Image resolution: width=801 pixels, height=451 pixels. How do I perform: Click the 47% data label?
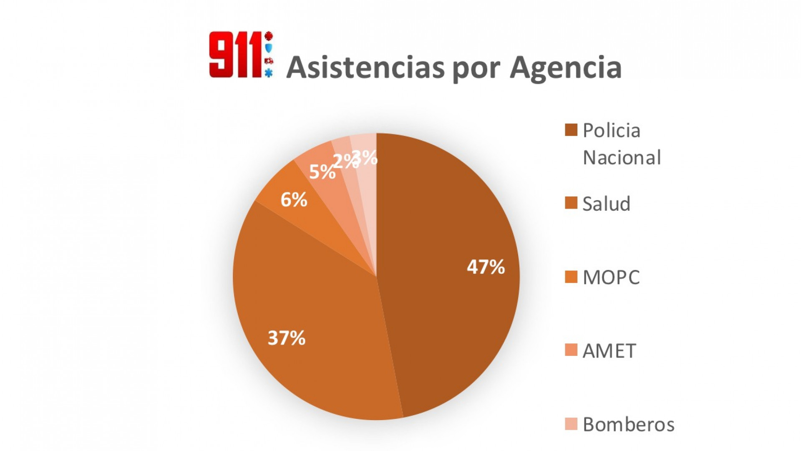pos(486,267)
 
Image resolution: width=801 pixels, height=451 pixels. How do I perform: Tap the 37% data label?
pos(286,338)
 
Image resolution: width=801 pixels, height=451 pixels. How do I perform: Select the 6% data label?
pos(294,200)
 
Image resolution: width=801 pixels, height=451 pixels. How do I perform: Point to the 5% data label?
pos(322,172)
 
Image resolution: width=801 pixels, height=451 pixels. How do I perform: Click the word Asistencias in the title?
pos(365,67)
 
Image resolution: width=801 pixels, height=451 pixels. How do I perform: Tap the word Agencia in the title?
pos(566,68)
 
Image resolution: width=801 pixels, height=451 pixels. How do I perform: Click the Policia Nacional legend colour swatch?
pos(571,130)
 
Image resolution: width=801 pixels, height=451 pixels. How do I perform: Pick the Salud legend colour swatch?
pos(571,203)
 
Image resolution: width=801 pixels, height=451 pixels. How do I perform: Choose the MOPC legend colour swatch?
pos(571,277)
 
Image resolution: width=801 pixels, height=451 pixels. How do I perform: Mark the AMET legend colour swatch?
pos(571,350)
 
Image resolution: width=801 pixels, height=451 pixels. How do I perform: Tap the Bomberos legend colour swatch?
pos(571,424)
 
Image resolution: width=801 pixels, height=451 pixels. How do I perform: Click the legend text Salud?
pos(606,204)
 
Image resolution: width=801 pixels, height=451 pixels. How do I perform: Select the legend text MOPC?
pos(611,277)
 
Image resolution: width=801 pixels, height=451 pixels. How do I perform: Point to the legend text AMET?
pos(609,351)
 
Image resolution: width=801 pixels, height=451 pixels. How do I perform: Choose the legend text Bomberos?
pos(628,424)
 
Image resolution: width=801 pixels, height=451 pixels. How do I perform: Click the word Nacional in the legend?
pos(622,158)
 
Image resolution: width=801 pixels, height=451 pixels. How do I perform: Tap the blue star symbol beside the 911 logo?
pos(269,73)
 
